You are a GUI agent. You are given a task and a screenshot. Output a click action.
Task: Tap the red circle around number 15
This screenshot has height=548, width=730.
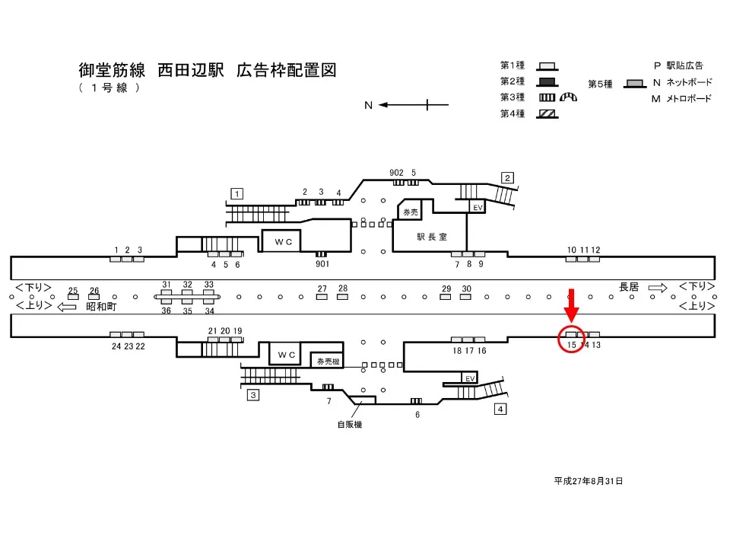coord(573,338)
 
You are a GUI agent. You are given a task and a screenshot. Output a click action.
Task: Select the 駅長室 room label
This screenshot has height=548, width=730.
coord(431,237)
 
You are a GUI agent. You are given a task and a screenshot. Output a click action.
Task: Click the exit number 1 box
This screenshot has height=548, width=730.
coord(237,193)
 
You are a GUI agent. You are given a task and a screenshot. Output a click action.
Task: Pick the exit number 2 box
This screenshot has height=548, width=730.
coord(507,178)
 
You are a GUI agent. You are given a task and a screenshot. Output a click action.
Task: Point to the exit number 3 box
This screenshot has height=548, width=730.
coord(253,394)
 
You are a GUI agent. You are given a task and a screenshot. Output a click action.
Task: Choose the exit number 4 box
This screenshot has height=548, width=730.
coord(500,409)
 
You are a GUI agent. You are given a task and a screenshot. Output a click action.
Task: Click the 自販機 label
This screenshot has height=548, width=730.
coord(350,425)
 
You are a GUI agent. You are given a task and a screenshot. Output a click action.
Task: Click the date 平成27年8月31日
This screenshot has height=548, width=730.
coord(589,481)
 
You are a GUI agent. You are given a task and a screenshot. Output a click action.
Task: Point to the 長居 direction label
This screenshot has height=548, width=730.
coord(629,287)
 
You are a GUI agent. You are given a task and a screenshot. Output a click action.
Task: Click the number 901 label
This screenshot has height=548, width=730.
coord(322,264)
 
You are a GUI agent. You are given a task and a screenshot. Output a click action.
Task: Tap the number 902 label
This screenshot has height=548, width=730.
coord(396,173)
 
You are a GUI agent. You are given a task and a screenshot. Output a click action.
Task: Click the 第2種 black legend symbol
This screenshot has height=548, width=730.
coord(547,81)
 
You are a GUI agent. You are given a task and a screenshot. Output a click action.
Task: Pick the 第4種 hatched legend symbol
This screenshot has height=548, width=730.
coord(547,113)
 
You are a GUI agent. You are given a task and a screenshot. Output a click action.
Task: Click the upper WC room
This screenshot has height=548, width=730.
coord(284,241)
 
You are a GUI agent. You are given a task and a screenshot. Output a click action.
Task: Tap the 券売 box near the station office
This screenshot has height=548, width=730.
coord(411,212)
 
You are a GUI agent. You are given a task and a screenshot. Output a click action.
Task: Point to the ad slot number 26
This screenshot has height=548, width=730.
coord(94,291)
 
